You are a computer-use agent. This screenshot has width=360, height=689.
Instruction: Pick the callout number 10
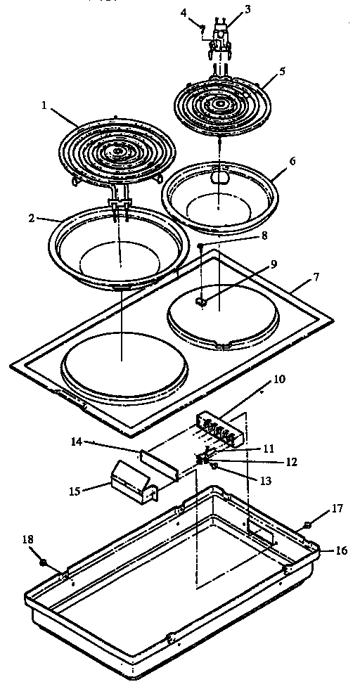point(279,379)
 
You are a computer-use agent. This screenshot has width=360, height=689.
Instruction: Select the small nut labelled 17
point(309,524)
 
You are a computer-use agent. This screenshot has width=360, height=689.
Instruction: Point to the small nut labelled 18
point(44,562)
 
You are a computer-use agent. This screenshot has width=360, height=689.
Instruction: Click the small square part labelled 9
point(200,301)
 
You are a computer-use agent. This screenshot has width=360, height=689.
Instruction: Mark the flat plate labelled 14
point(160,464)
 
